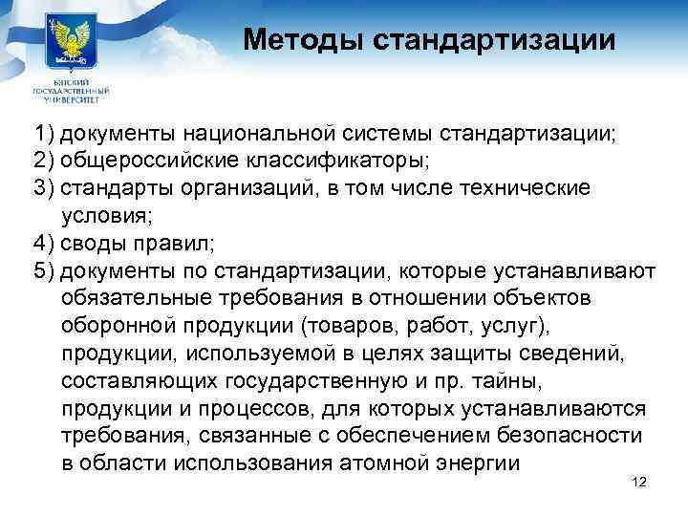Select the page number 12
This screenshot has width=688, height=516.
(x=640, y=482)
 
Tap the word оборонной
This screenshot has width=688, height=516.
(x=112, y=324)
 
